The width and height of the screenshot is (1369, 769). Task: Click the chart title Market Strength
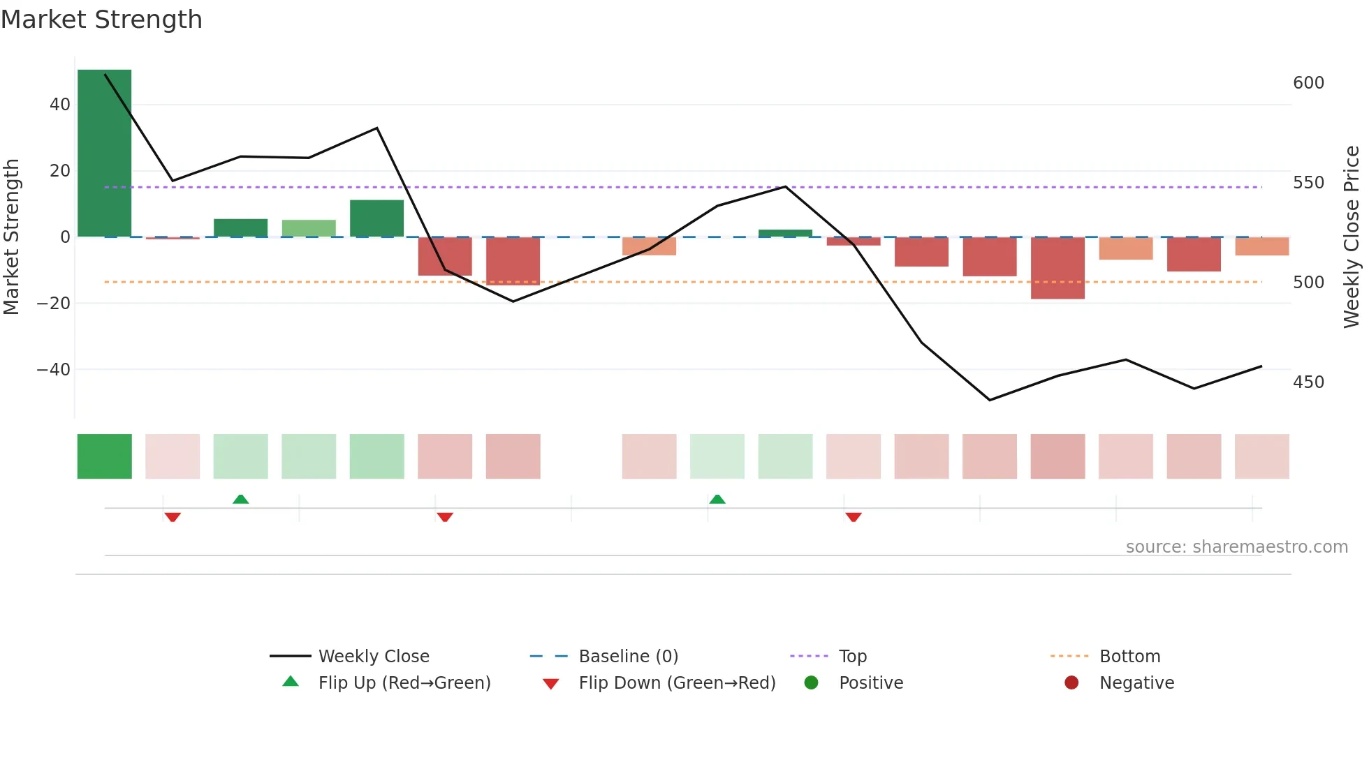(x=101, y=20)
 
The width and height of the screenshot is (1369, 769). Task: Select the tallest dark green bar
(x=104, y=154)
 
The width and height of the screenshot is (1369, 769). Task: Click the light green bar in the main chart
(x=309, y=228)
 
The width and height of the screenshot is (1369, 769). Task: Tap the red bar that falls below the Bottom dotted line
(x=1057, y=268)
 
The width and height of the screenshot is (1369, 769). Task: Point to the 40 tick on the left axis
(x=60, y=105)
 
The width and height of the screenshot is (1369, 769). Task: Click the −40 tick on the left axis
(x=54, y=369)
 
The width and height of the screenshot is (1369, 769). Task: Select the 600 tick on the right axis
(x=1308, y=83)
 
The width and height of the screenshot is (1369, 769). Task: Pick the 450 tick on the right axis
(x=1308, y=382)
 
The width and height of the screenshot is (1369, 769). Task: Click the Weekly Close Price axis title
(x=1352, y=237)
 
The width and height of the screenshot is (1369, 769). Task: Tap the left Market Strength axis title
(x=11, y=237)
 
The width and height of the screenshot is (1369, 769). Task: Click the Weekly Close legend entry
(x=373, y=657)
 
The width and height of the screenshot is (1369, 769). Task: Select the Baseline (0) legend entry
(x=628, y=657)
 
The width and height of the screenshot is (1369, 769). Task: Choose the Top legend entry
(x=852, y=657)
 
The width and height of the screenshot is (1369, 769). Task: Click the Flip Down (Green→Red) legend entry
(x=676, y=683)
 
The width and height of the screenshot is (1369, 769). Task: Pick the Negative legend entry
(x=1136, y=683)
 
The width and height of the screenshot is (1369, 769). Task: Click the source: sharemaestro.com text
(x=1236, y=547)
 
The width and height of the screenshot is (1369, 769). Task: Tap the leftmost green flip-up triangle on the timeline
(x=240, y=499)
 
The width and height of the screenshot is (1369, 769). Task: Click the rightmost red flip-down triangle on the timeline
(x=853, y=517)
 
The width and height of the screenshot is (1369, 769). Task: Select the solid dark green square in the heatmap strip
(x=104, y=456)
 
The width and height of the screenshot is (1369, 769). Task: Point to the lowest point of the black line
(x=989, y=400)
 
